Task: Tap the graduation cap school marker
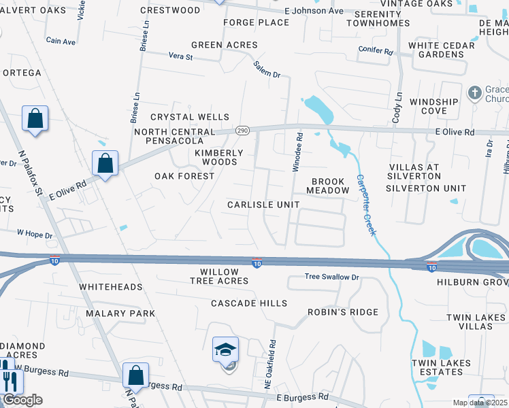point(226,350)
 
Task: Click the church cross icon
point(474,92)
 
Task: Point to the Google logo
point(22,400)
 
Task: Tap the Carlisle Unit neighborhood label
point(263,205)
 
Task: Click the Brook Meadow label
point(330,186)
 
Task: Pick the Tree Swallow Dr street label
point(331,277)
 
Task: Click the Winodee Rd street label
point(297,152)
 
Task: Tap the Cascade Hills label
point(249,303)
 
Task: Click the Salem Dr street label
point(267,69)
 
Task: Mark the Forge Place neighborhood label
point(257,22)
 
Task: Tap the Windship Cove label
point(433,106)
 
